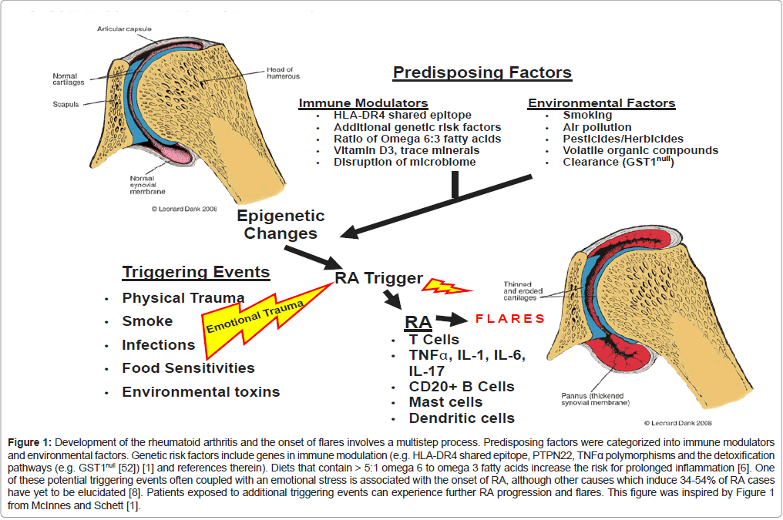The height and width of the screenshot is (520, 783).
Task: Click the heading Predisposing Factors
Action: coord(482,73)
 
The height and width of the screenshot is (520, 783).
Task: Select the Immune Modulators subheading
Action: coord(363,103)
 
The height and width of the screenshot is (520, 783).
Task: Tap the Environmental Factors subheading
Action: coord(601,103)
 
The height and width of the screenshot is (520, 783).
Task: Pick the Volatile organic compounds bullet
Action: coord(640,150)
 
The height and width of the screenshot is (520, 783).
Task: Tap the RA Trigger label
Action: coord(378,279)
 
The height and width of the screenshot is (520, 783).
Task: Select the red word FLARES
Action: coord(510,318)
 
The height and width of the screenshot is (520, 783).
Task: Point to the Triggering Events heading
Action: coord(196,272)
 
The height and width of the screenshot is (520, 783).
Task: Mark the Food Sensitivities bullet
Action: coord(188,368)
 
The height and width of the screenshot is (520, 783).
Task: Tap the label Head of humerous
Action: coord(283,72)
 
